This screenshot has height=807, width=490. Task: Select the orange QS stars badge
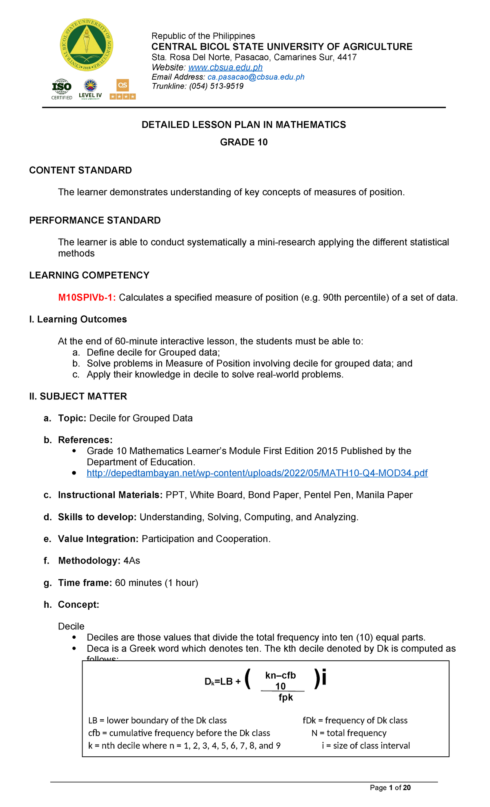(122, 89)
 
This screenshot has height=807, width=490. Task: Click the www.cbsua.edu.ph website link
(225, 67)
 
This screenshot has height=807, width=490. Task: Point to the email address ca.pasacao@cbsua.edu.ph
(256, 77)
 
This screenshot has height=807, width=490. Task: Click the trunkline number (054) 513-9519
(216, 86)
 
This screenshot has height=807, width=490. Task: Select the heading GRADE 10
(244, 142)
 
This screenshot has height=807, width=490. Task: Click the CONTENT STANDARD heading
(80, 170)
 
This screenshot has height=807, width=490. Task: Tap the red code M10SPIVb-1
(87, 297)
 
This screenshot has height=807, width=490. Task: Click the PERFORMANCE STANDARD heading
(95, 221)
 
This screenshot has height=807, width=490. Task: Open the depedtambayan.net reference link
(257, 473)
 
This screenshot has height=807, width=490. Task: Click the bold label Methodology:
(89, 561)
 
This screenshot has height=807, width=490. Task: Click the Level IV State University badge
(90, 89)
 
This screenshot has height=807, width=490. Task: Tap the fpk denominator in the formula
(285, 698)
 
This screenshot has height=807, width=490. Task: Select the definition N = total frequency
(349, 733)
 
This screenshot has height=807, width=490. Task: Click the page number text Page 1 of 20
(390, 788)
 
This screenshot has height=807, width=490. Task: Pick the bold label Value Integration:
(98, 539)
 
